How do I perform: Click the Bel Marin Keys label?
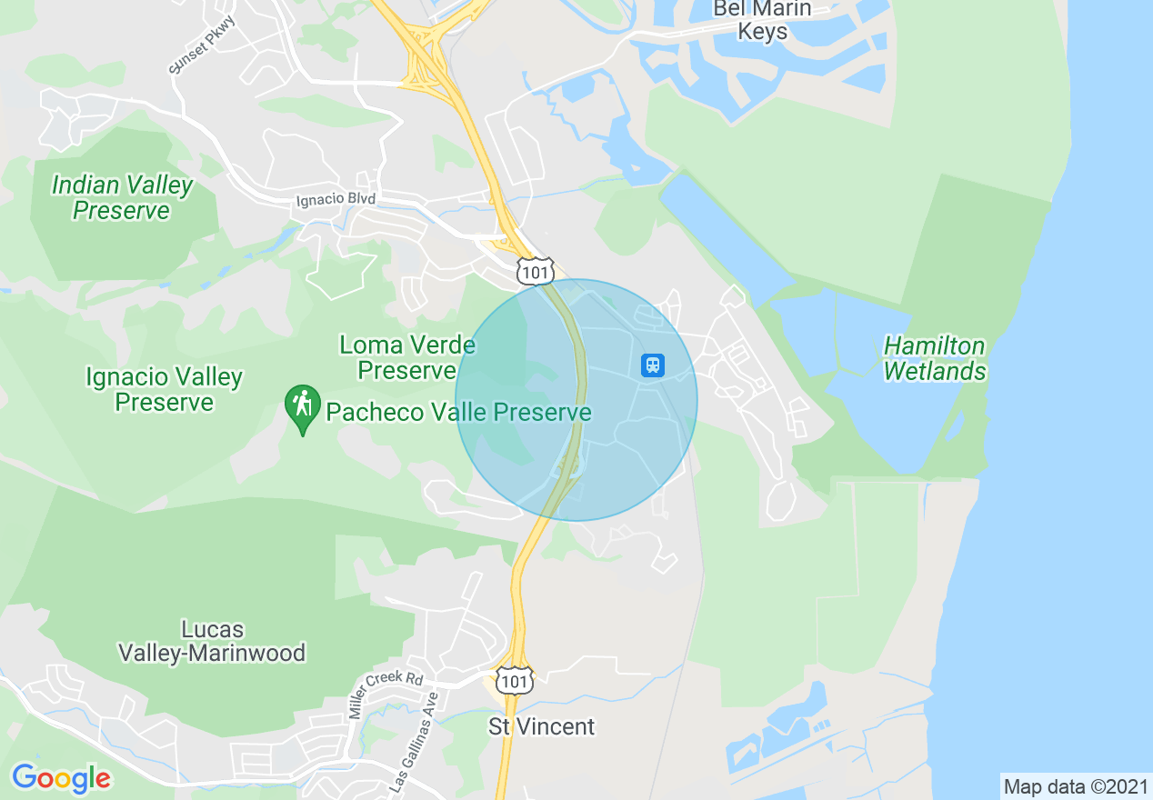click(762, 20)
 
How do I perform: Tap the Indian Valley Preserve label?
click(122, 198)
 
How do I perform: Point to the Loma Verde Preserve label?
click(406, 357)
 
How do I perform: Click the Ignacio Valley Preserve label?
click(165, 389)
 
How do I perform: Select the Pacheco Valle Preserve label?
click(458, 413)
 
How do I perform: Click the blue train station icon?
click(652, 365)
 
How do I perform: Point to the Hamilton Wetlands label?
click(934, 358)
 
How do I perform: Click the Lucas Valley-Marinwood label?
click(211, 641)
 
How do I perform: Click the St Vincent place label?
click(541, 726)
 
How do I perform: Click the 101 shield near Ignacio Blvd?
click(535, 271)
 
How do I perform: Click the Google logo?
click(61, 778)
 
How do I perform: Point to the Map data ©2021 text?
click(1076, 786)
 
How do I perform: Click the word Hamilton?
click(934, 346)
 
